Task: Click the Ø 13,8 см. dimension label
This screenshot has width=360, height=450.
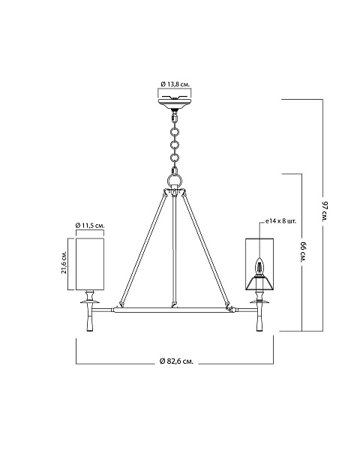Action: pos(175,84)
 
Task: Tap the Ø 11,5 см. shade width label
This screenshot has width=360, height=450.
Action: pos(90,226)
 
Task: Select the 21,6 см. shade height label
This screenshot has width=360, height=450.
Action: pos(64,262)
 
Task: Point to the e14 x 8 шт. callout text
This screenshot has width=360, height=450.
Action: pos(280,221)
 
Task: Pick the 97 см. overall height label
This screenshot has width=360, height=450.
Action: pos(325,212)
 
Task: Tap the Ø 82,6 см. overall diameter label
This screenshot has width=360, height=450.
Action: pos(176,361)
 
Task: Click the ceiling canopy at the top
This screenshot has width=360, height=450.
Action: pos(175,103)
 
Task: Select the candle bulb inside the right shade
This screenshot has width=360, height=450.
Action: pos(259,265)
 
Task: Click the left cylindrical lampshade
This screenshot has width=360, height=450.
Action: pos(90,264)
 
